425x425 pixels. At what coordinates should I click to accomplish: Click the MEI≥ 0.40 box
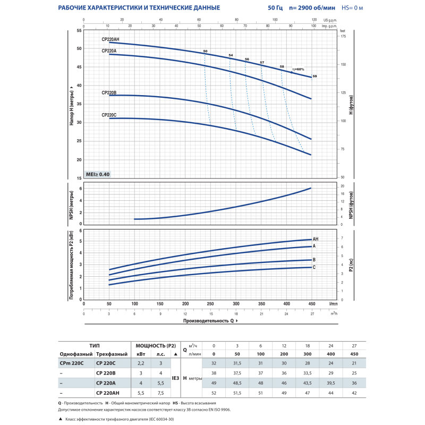pos(98,174)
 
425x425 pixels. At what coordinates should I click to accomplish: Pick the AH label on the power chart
pos(316,239)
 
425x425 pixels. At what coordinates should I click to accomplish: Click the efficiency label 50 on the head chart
pos(205,51)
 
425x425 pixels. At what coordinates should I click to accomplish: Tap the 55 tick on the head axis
pos(80,30)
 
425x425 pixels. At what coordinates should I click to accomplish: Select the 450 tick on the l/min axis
pos(311,304)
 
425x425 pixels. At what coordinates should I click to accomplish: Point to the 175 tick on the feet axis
pos(343,37)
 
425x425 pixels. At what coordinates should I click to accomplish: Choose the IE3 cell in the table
pos(175,378)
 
